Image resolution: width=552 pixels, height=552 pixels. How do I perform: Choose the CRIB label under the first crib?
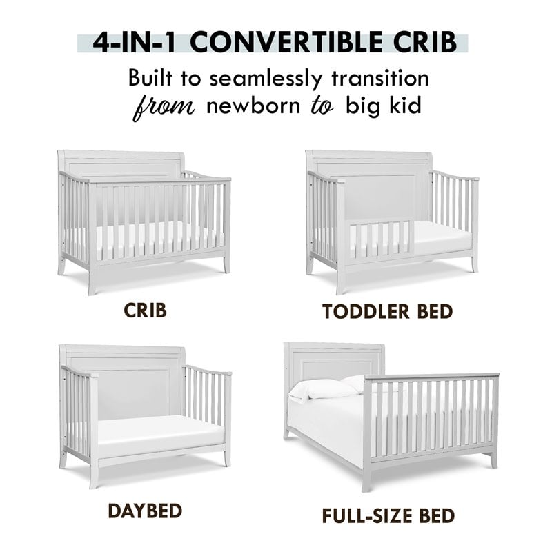pyautogui.click(x=146, y=310)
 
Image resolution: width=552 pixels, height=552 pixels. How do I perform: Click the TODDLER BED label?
pyautogui.click(x=387, y=311)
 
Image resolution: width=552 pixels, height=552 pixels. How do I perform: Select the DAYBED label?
pyautogui.click(x=145, y=510)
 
